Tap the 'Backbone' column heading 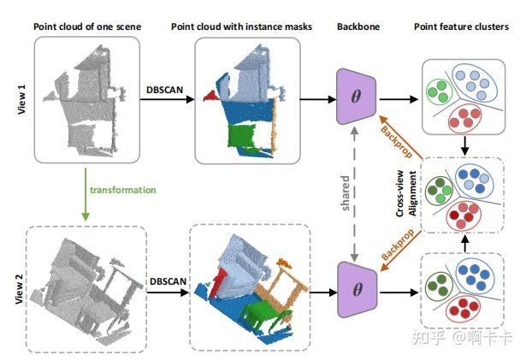[357, 27]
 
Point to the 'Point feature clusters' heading [462, 27]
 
